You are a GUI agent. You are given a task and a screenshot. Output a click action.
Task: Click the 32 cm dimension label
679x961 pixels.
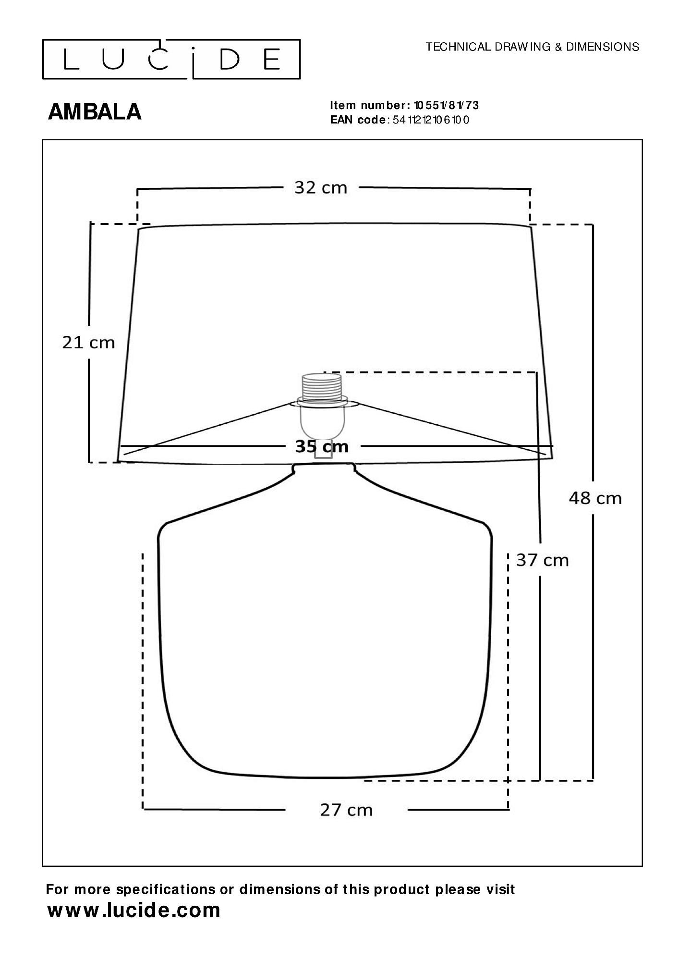(320, 187)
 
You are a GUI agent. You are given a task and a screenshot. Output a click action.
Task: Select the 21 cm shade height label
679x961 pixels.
(88, 343)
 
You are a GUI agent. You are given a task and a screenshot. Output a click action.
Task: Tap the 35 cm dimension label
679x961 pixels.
(321, 446)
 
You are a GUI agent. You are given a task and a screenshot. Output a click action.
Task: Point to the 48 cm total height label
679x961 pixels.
(595, 498)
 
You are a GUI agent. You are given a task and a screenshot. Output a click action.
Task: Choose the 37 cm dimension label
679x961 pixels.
(542, 560)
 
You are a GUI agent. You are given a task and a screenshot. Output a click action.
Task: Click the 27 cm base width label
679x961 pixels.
(346, 810)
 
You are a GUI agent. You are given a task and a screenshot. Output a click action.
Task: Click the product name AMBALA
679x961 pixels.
(95, 112)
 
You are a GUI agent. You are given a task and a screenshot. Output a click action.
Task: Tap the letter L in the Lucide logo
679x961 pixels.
(72, 60)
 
